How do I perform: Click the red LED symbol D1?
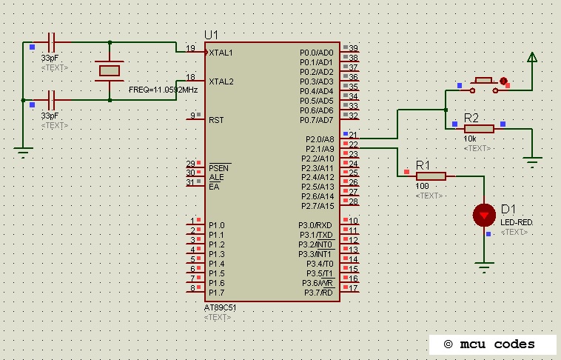click(484, 215)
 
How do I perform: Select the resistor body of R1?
click(431, 176)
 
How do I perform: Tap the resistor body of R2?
click(479, 128)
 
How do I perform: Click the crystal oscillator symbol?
click(110, 70)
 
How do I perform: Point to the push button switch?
click(484, 81)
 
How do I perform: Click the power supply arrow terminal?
click(531, 57)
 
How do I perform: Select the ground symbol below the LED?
click(484, 264)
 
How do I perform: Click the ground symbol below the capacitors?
click(24, 153)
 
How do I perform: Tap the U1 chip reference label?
click(212, 35)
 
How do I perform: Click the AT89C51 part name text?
click(220, 307)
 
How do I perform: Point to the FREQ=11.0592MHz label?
click(163, 90)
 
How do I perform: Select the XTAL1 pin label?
click(221, 53)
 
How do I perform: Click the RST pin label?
click(216, 119)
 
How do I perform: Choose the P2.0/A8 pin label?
click(320, 139)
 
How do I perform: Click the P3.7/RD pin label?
click(319, 293)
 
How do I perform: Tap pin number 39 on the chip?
click(353, 48)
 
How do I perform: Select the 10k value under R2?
click(470, 139)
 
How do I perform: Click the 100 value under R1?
click(423, 187)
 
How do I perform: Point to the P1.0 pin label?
click(216, 225)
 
